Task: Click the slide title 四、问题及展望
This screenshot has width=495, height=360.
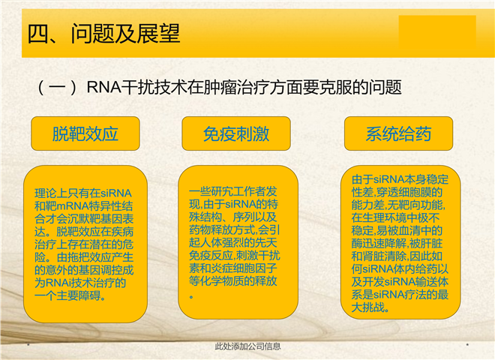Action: (103, 34)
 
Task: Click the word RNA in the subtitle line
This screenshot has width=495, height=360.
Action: (103, 87)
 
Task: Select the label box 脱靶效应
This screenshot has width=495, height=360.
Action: (85, 133)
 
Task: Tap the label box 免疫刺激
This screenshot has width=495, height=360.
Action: (236, 133)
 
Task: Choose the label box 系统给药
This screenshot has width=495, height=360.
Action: (398, 133)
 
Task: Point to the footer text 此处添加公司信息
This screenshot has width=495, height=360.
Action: (247, 346)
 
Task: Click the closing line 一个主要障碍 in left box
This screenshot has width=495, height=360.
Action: (70, 295)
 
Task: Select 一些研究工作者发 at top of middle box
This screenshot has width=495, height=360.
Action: (233, 191)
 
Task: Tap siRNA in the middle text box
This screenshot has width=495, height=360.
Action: (240, 204)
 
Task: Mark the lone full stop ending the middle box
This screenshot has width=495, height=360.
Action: (191, 297)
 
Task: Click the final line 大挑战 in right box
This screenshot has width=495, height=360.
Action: (370, 307)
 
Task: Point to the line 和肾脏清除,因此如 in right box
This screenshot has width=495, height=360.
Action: (397, 256)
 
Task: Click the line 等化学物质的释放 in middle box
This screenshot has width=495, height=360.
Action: (233, 280)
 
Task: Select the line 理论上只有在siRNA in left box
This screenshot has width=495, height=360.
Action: (83, 193)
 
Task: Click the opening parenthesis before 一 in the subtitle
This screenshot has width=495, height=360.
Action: (41, 88)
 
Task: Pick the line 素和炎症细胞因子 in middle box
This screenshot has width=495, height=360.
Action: (233, 268)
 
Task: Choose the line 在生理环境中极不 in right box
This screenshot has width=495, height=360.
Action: (395, 218)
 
